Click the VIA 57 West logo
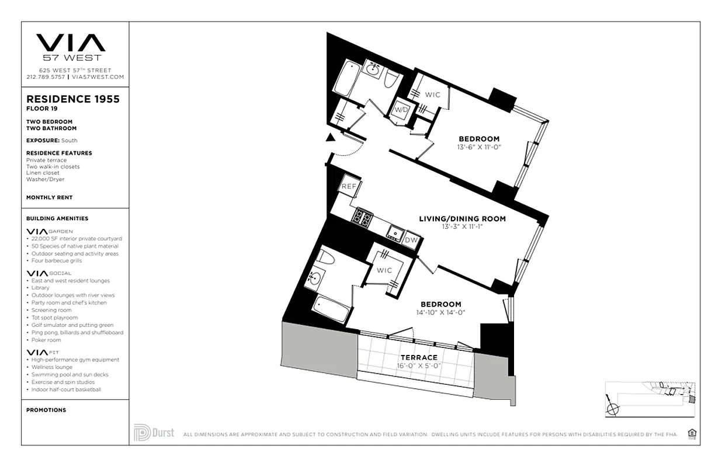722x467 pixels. pos(71,47)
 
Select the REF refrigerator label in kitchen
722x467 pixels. pos(349,186)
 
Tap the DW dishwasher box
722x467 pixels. pos(411,239)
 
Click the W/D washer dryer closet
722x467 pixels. pos(400,109)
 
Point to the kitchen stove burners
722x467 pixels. pos(362,218)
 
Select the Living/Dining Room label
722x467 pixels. pos(462,219)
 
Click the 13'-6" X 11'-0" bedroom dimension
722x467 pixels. pos(479,147)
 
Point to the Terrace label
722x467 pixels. pos(418,357)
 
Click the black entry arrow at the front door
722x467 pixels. pos(331,138)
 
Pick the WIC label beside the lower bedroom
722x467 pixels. pos(384,270)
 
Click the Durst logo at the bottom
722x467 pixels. pos(154,433)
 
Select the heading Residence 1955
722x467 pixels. pos(73,99)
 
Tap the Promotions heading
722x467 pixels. pos(46,410)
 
